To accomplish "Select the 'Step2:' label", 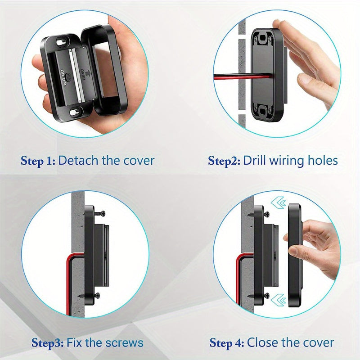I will [x=224, y=161].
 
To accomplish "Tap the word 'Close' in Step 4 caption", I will [x=263, y=343].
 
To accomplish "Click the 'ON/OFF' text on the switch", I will [x=63, y=78].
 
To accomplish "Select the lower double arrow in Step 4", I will [x=280, y=299].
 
